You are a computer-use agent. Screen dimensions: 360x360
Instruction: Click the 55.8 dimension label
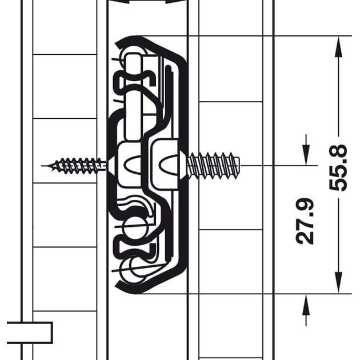[338, 167]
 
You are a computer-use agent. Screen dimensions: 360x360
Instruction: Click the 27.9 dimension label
[305, 221]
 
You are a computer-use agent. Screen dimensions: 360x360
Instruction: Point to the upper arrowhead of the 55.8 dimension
[338, 47]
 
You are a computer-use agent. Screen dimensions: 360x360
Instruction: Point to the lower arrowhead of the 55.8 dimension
[338, 283]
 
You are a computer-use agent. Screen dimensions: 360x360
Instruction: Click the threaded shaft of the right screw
[214, 166]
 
